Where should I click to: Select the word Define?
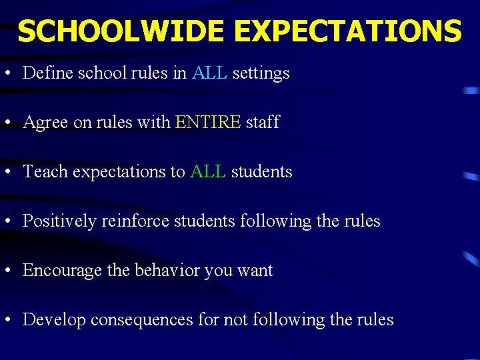(x=47, y=73)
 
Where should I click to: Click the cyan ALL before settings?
(x=209, y=73)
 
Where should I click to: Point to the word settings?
(x=261, y=73)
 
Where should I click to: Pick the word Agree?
(x=45, y=123)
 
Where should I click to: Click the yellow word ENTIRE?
(x=207, y=122)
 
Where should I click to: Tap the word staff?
(x=263, y=122)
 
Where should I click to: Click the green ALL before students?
(x=208, y=171)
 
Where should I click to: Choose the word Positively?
(x=59, y=221)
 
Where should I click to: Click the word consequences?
(x=142, y=320)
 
